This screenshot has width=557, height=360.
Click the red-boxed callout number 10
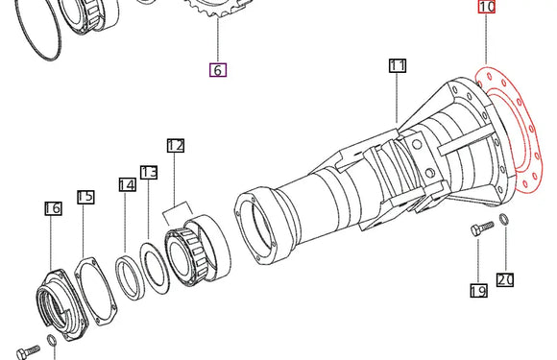pos(486,7)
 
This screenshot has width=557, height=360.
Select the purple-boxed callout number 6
pos(218,69)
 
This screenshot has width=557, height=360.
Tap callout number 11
pos(398,65)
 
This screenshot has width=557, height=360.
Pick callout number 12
pos(176,146)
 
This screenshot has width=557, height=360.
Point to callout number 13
pos(149,172)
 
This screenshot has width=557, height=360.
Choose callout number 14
pos(128,184)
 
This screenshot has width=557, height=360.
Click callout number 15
pos(85,197)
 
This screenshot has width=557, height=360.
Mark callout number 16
pos(53,208)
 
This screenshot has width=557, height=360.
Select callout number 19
pos(478,291)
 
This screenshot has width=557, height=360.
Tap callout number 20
pos(505,279)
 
